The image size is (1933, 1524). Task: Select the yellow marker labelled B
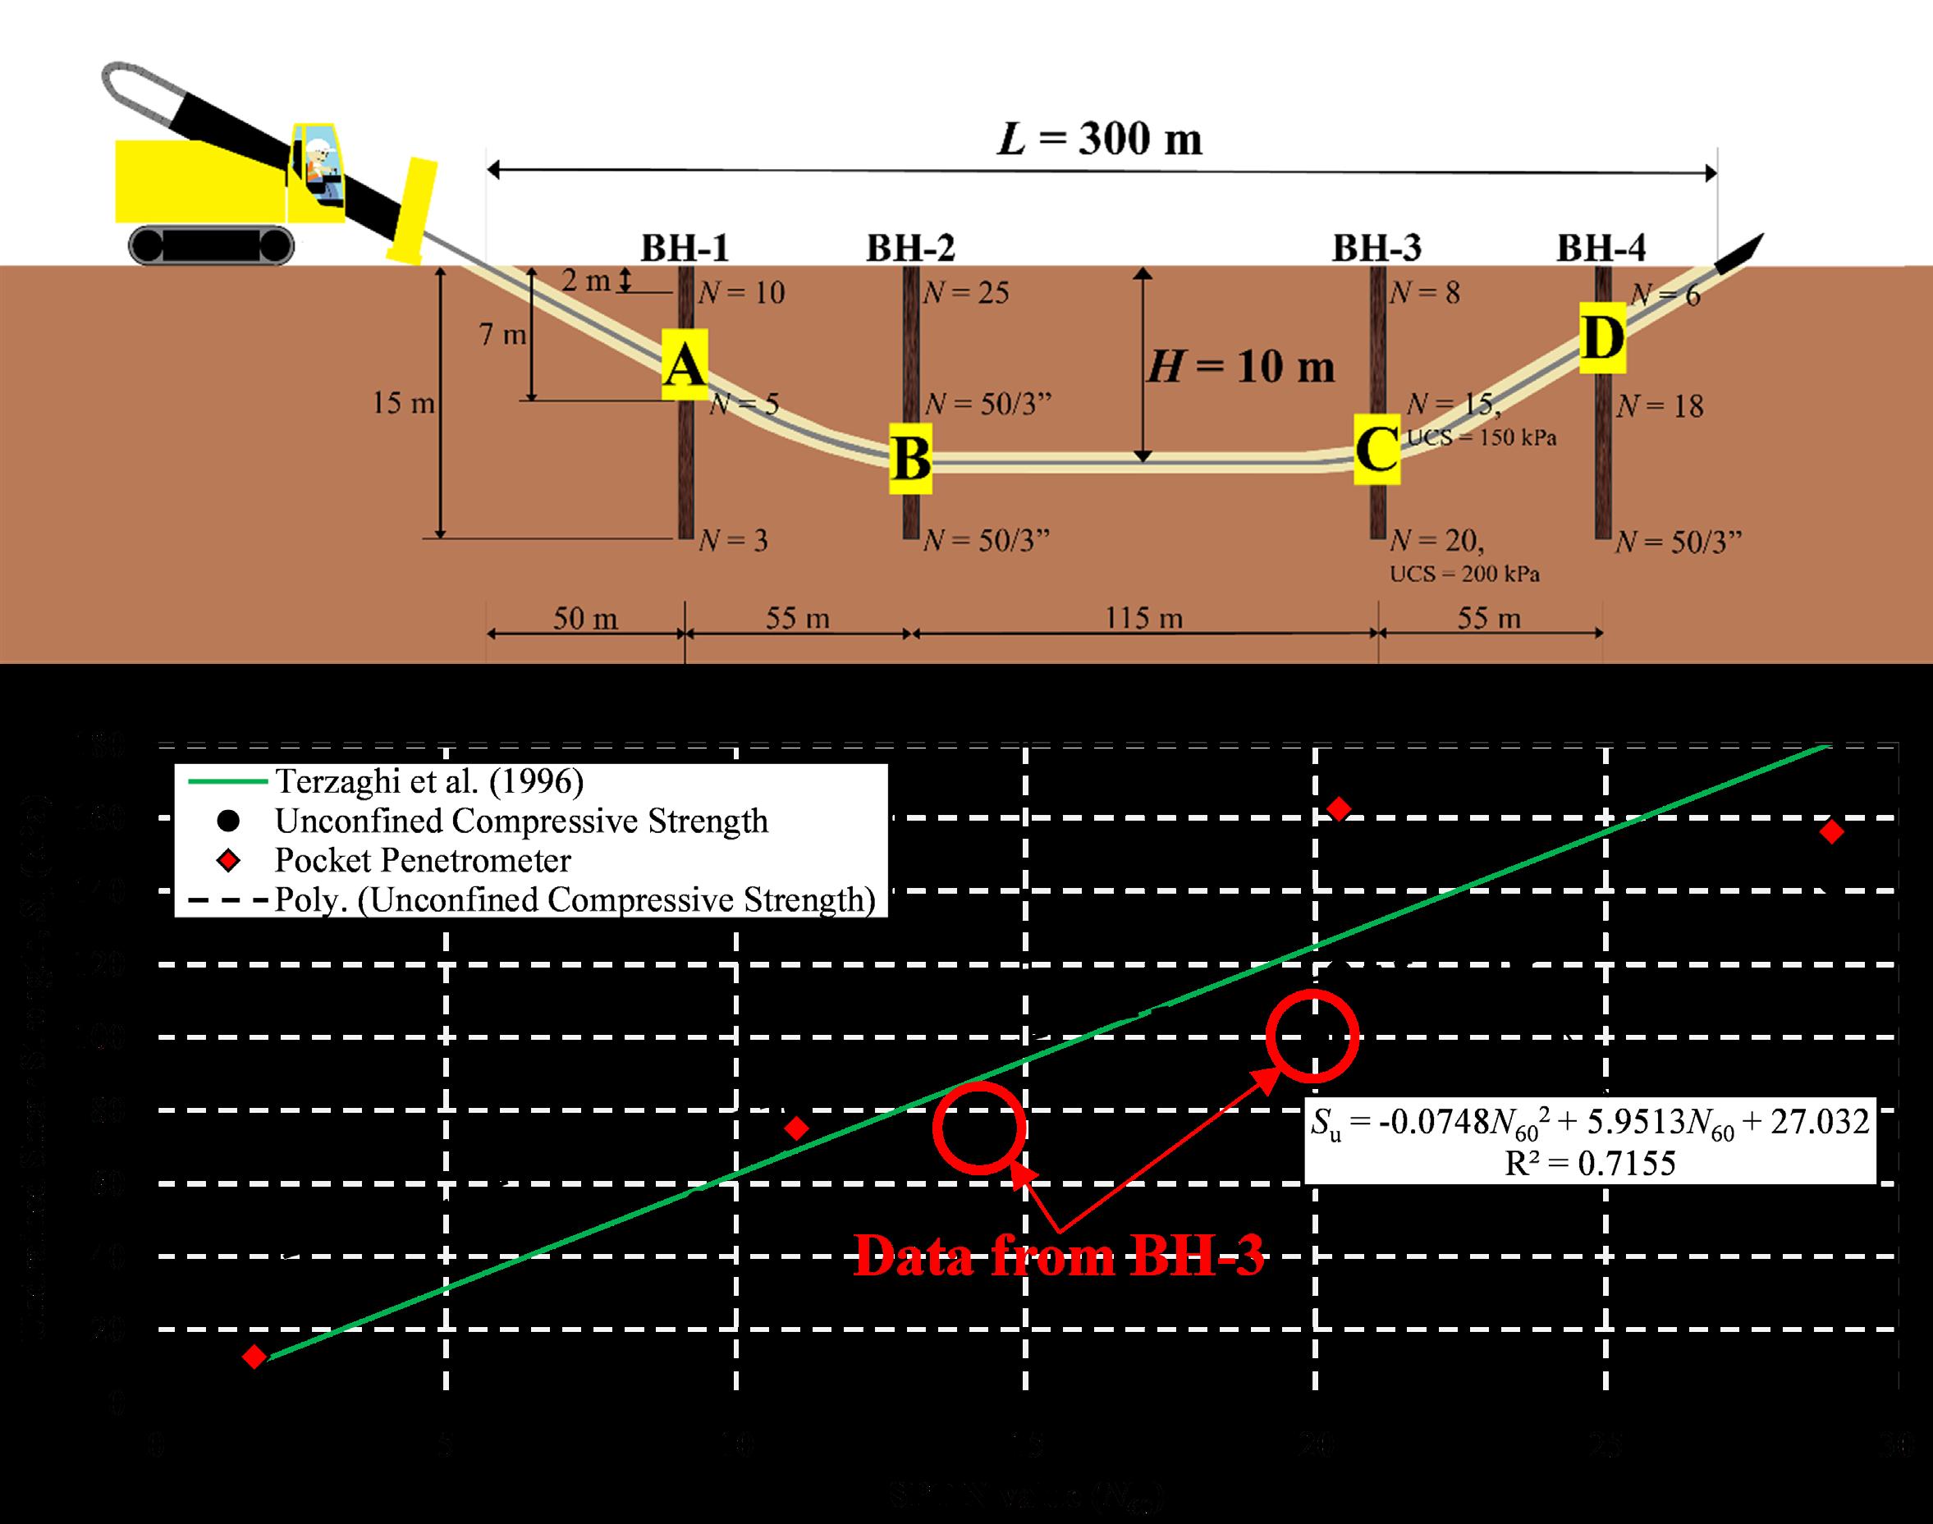910,459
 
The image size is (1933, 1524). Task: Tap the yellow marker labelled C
1376,449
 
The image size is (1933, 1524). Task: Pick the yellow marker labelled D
1602,338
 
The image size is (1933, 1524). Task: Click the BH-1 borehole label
685,248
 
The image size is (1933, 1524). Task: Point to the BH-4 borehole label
1601,248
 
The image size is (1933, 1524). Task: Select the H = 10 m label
1240,366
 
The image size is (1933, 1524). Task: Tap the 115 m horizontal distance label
1144,617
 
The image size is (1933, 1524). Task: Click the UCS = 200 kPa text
1464,574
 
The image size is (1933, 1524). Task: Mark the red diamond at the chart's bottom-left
254,1357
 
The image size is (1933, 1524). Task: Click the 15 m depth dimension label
403,403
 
